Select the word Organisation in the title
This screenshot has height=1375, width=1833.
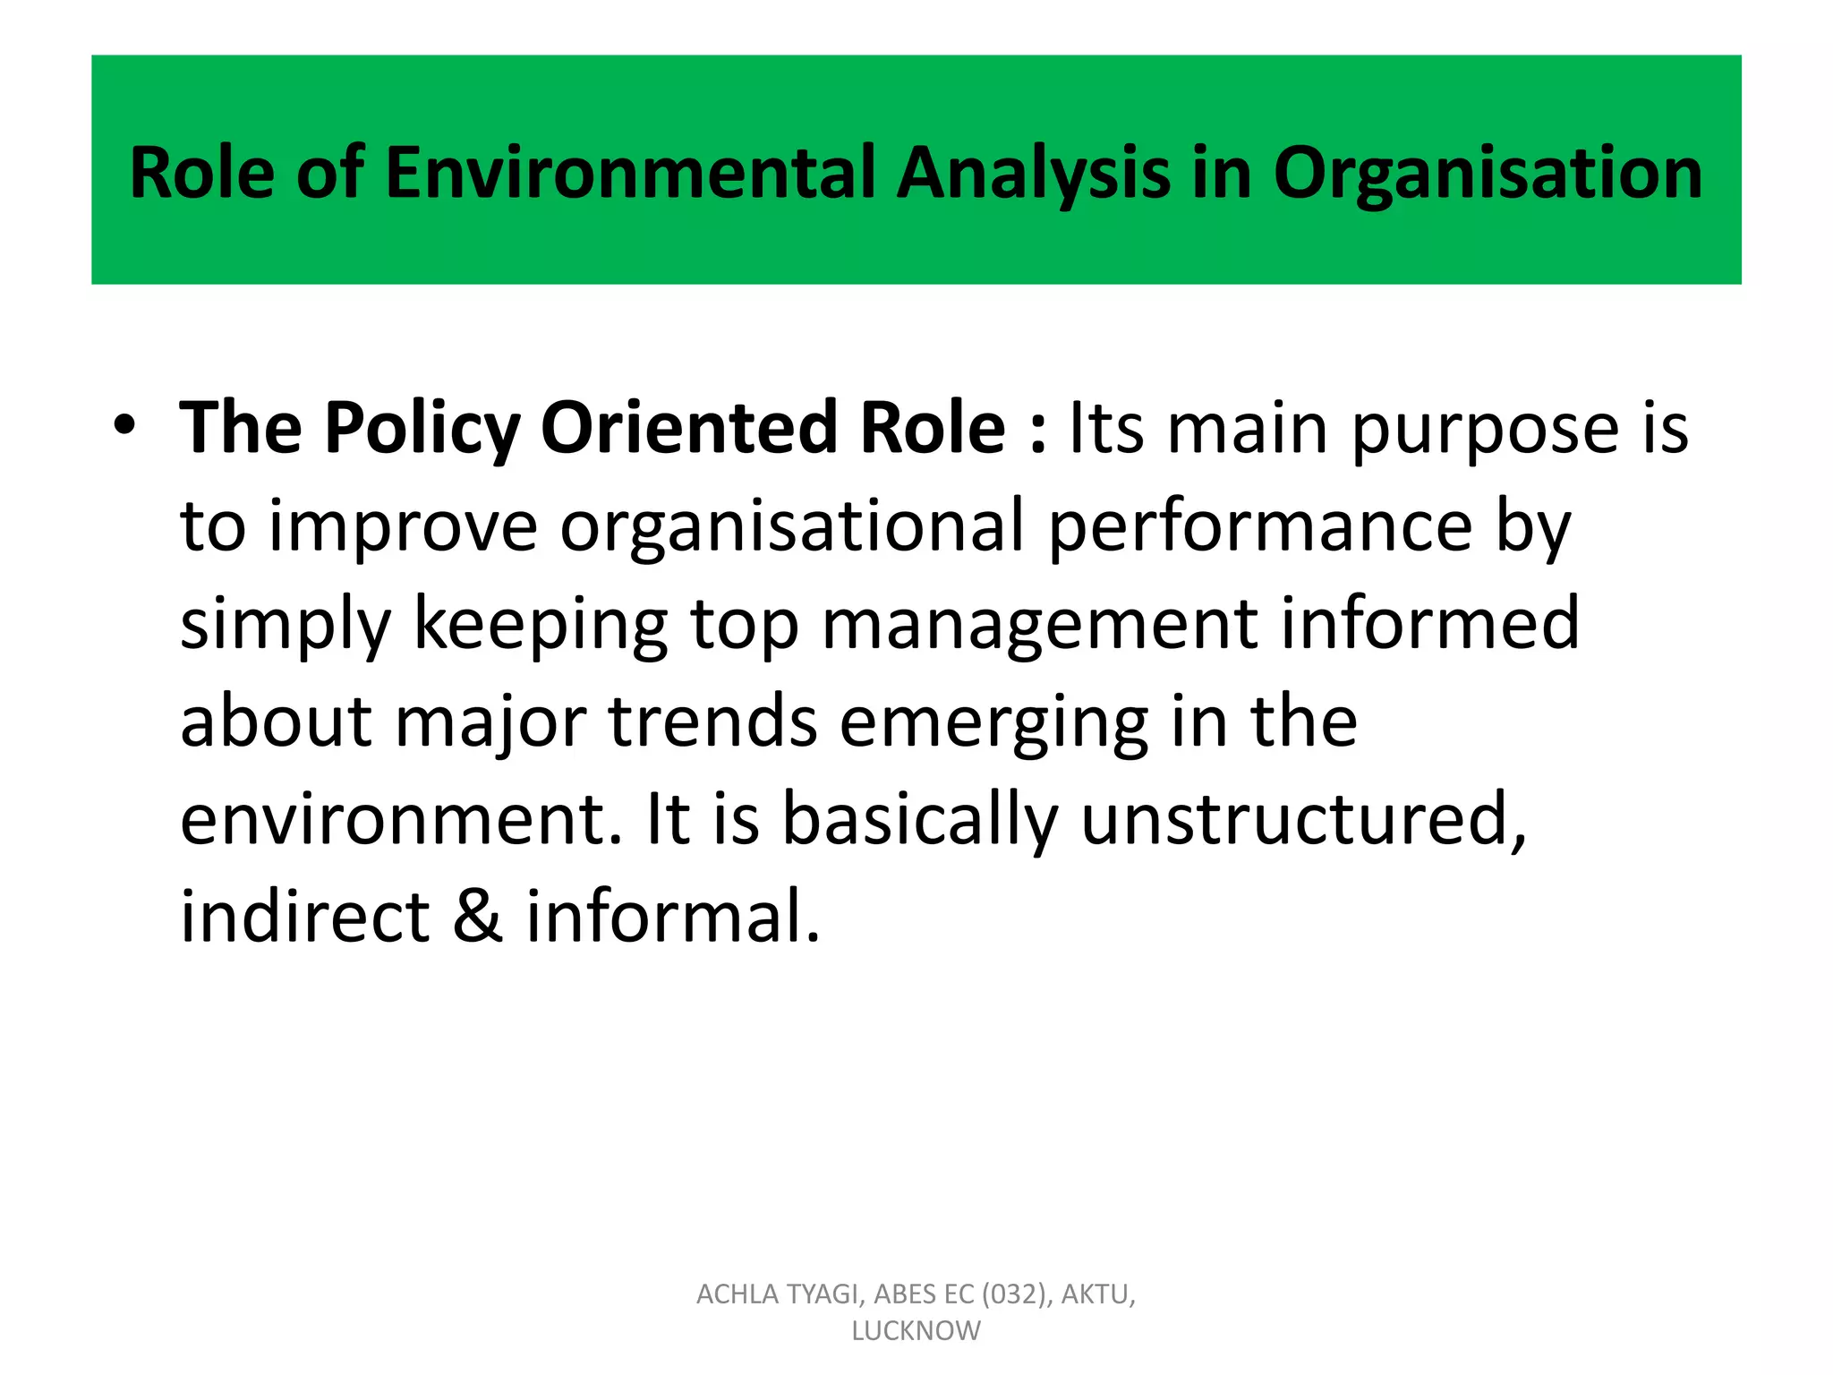[1488, 175]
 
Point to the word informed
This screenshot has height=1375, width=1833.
[1430, 624]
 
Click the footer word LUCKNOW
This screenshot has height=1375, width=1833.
[916, 1331]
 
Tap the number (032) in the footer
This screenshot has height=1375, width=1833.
[1016, 1294]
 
